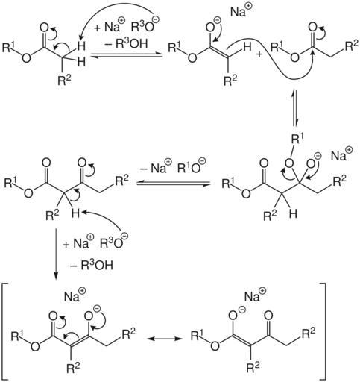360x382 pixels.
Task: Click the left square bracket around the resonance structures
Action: click(3, 331)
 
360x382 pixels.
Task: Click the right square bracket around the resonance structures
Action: click(323, 331)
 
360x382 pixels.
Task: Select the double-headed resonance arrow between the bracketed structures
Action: click(164, 339)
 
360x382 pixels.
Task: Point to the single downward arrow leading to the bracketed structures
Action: click(56, 254)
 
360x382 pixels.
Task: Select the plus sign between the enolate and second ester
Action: click(259, 54)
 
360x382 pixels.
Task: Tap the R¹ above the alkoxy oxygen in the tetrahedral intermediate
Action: click(297, 140)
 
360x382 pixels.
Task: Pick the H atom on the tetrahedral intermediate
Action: click(294, 214)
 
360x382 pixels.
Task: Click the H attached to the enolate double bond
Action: click(247, 46)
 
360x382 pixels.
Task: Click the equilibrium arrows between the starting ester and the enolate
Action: click(127, 55)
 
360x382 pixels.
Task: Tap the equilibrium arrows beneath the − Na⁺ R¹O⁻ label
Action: click(173, 184)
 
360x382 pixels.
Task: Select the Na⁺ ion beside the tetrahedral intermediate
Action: click(341, 154)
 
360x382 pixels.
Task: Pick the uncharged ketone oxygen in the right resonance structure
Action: click(268, 316)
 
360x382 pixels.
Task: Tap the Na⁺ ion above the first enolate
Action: click(241, 10)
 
